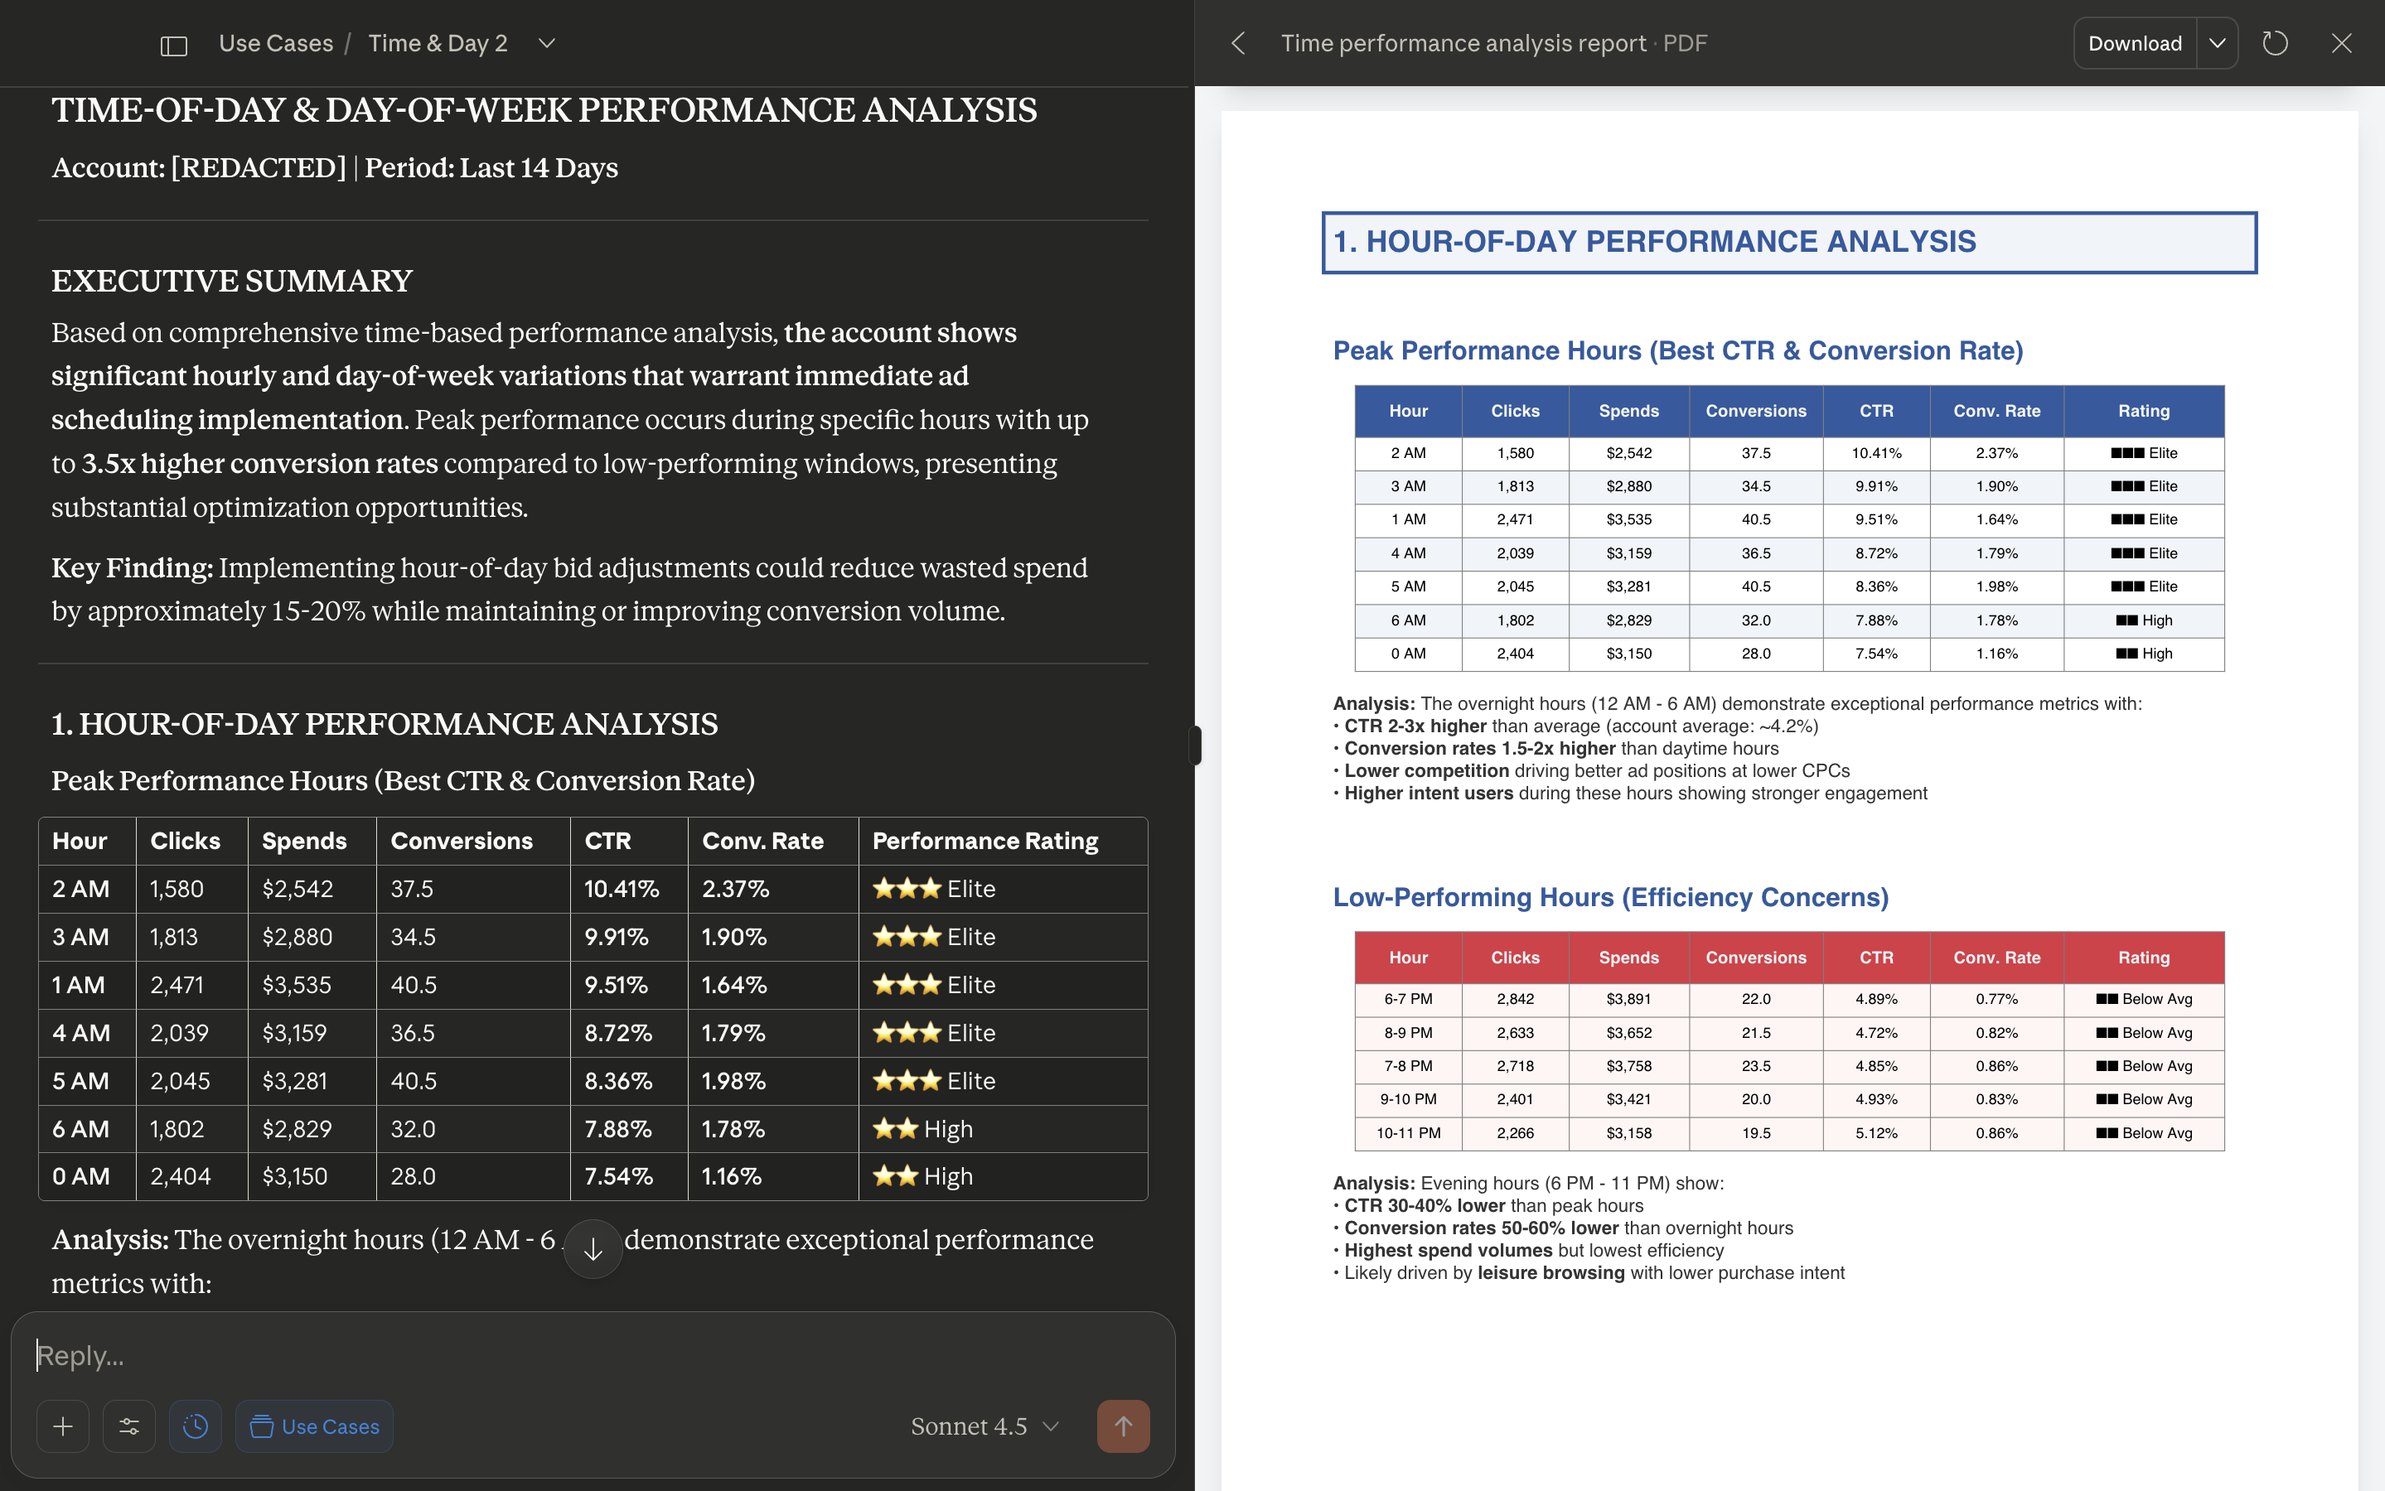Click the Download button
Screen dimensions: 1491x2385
(x=2135, y=43)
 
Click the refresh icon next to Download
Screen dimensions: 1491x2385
(x=2275, y=43)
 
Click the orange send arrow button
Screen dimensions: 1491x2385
(x=1122, y=1426)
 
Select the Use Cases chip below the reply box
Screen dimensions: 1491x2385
(x=315, y=1426)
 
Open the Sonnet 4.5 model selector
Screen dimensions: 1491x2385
(x=984, y=1426)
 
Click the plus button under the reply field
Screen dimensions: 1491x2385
(x=63, y=1426)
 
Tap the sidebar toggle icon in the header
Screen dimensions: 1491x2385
(x=173, y=46)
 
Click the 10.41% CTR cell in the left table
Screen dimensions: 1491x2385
(x=622, y=889)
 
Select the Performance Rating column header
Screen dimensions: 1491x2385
(x=984, y=841)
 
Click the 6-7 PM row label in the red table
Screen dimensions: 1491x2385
(x=1407, y=999)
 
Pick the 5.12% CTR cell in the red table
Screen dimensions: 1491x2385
(x=1876, y=1133)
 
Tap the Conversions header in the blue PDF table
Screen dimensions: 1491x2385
(x=1756, y=411)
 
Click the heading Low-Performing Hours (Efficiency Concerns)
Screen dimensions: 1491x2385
(x=1609, y=897)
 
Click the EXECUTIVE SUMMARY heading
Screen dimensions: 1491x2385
(x=232, y=281)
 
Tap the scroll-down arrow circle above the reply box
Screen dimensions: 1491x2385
(x=593, y=1249)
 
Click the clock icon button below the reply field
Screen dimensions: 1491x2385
(x=196, y=1426)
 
